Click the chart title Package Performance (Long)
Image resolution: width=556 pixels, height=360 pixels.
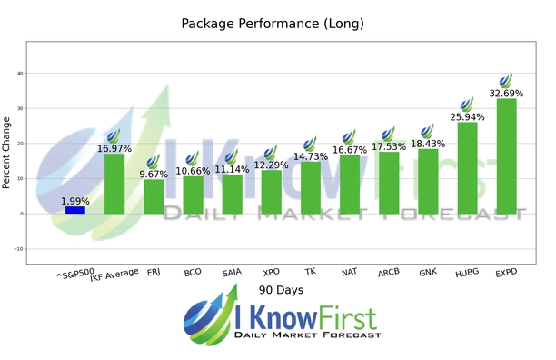[x=278, y=23]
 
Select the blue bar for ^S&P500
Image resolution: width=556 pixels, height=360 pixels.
[x=75, y=210]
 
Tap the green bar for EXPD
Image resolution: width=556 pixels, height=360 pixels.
[x=506, y=156]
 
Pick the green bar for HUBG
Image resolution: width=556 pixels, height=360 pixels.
[x=467, y=168]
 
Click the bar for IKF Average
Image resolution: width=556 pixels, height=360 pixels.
[x=114, y=184]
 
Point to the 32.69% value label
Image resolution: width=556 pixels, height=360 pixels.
[x=506, y=93]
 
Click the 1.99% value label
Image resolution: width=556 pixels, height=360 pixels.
[x=75, y=201]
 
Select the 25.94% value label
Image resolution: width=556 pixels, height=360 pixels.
[x=467, y=116]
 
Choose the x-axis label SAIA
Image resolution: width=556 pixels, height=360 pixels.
[x=232, y=271]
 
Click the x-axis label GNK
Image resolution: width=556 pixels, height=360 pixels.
[x=428, y=271]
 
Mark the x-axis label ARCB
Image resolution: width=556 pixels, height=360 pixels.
[x=388, y=271]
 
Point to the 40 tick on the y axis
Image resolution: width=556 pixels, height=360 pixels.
[x=19, y=74]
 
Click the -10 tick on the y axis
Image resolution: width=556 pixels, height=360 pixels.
[x=17, y=249]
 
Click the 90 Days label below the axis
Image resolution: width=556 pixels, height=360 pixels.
[x=279, y=290]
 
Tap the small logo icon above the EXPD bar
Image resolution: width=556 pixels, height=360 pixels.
[x=506, y=80]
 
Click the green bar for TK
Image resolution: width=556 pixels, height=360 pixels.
[x=310, y=188]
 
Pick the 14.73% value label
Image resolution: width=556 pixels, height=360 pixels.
[x=310, y=156]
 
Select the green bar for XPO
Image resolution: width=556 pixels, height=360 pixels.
[x=271, y=192]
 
